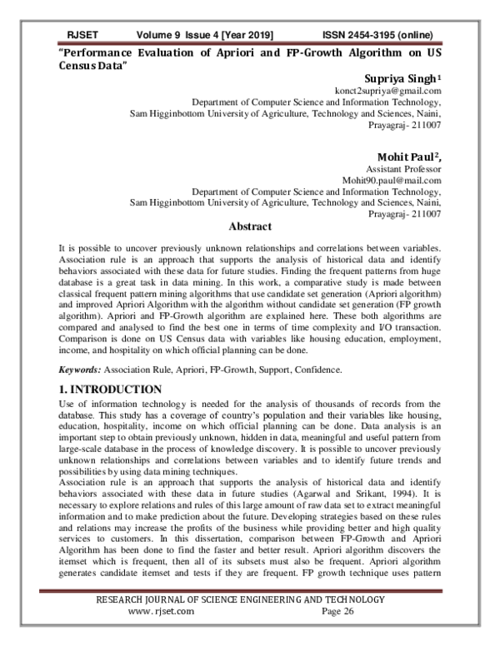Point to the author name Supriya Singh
(x=397, y=77)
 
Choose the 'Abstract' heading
(x=250, y=226)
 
